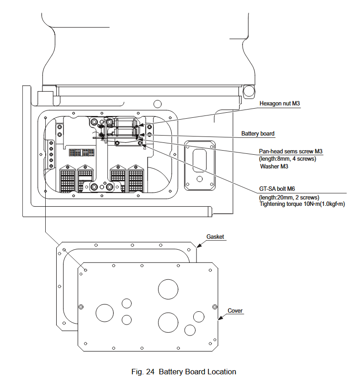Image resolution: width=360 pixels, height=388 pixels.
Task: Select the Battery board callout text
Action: pos(258,134)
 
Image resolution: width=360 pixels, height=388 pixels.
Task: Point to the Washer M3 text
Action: pos(274,166)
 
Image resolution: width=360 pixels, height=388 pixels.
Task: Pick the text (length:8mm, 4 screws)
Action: pos(287,159)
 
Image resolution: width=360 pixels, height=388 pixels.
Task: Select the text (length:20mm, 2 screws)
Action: pos(289,197)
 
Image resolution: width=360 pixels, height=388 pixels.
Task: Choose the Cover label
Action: pos(235,311)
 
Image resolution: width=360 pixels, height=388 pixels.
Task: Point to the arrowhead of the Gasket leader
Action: pos(198,246)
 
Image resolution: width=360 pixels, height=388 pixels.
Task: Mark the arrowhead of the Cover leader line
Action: pos(219,320)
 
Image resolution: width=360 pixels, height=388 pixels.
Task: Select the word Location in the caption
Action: pos(222,372)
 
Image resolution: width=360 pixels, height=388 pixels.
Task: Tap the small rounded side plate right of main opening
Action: pos(200,165)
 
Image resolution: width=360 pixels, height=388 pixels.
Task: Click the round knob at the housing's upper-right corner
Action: pos(249,91)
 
